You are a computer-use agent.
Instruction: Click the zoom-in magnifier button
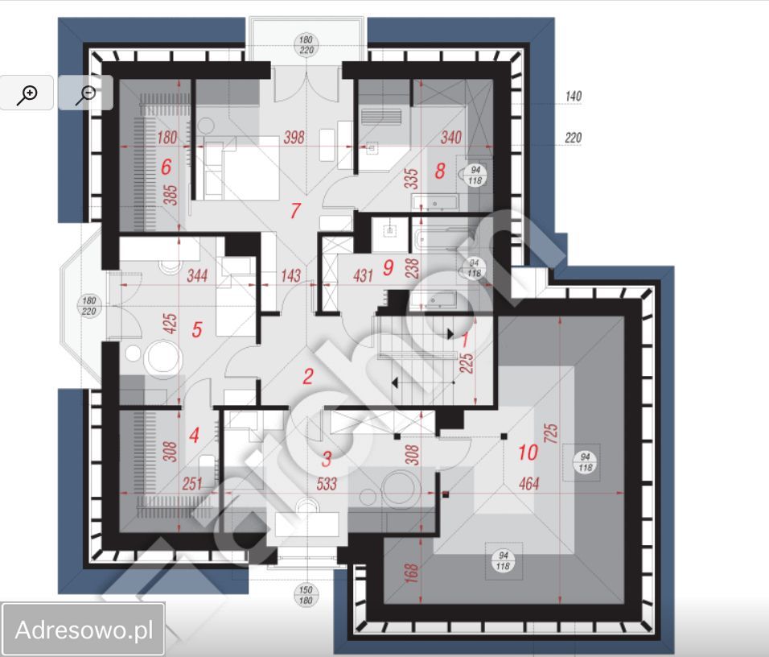tap(27, 93)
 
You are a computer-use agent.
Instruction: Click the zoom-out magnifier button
tap(85, 93)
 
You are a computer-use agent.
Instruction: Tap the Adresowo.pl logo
tap(83, 630)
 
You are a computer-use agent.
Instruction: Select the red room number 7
tap(295, 211)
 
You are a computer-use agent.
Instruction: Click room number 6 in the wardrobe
tap(167, 167)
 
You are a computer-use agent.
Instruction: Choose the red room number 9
tap(389, 267)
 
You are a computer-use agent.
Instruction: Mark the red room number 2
tap(307, 376)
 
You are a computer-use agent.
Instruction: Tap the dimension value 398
tap(294, 138)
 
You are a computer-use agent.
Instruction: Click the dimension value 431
tap(363, 276)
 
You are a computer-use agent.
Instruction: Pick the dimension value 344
tap(197, 276)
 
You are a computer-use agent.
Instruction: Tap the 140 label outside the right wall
tap(573, 97)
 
